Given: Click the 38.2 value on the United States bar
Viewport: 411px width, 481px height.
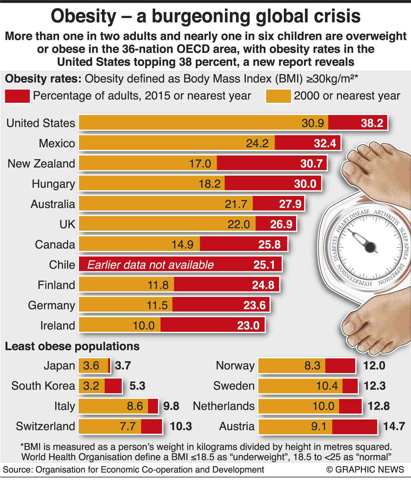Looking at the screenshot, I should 372,123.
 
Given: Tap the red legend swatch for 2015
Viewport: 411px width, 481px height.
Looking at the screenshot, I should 17,96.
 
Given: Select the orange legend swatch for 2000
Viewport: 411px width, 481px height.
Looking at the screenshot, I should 278,96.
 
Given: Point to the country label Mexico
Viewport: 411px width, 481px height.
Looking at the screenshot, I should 57,143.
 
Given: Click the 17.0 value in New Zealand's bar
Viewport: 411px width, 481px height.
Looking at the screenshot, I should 200,164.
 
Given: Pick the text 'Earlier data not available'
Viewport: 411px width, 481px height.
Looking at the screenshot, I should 150,265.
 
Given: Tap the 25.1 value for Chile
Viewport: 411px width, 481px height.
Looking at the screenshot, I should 264,265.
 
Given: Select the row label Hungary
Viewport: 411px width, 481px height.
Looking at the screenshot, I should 53,184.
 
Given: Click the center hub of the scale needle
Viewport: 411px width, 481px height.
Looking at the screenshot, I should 370,247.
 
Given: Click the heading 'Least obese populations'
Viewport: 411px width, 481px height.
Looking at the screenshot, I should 72,346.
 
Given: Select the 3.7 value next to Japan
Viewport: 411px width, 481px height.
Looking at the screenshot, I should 123,366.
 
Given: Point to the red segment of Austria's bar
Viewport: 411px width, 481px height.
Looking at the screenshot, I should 354,427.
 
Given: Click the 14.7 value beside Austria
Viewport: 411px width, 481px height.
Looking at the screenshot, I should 394,426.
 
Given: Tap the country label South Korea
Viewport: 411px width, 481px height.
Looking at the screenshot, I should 43,386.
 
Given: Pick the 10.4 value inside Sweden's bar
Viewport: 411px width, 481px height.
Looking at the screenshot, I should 327,386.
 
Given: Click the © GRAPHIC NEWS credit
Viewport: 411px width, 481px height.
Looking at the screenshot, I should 365,470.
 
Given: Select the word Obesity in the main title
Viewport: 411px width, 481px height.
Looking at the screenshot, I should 83,16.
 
